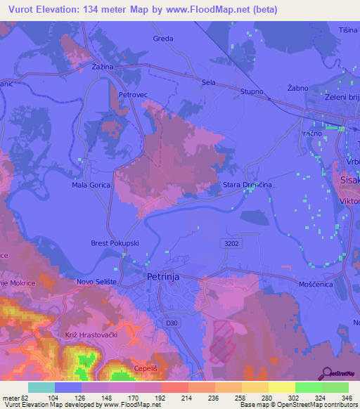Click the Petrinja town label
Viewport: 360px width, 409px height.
165,277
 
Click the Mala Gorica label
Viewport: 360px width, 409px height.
89,186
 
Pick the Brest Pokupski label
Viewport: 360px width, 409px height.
114,243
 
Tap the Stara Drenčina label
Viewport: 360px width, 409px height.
247,185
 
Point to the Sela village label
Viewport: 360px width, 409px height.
208,82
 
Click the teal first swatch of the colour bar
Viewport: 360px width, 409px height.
41,387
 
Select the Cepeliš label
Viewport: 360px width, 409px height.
146,368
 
